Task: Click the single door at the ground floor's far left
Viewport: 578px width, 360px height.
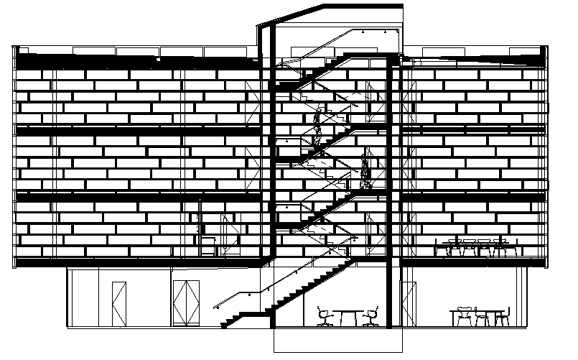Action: pyautogui.click(x=118, y=303)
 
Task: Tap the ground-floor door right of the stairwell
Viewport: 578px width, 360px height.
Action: pyautogui.click(x=407, y=303)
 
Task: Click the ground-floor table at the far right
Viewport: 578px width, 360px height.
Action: pyautogui.click(x=480, y=313)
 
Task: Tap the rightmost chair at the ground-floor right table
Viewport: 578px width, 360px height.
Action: pyautogui.click(x=505, y=317)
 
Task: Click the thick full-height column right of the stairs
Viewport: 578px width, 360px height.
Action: pyautogui.click(x=391, y=194)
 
